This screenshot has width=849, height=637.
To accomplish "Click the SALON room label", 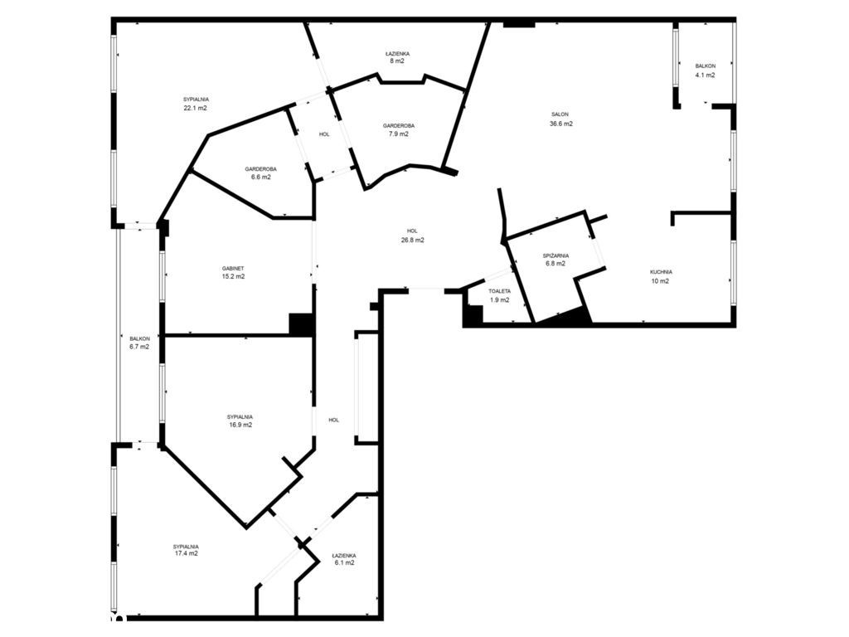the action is (560, 114).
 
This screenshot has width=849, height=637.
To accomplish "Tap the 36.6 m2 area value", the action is (561, 124).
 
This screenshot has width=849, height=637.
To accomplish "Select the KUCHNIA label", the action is (661, 272).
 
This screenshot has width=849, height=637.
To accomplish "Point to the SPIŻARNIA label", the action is (555, 255).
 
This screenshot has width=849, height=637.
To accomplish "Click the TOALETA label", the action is (499, 291).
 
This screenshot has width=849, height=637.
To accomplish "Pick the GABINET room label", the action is (233, 268).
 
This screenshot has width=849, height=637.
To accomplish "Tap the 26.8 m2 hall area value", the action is (413, 240).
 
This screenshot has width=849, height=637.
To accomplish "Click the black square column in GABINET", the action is (302, 324).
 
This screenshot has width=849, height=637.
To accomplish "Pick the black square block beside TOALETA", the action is (473, 315).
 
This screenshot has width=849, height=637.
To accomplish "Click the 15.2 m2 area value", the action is (233, 276).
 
